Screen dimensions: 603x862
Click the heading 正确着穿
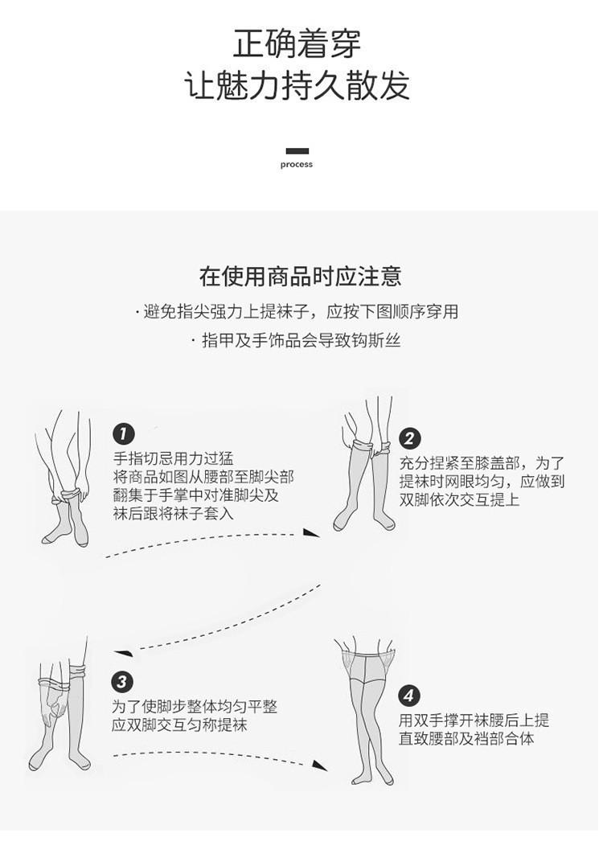(297, 43)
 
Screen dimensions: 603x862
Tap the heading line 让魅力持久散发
(297, 85)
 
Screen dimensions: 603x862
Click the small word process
(297, 165)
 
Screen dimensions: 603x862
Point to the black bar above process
(297, 151)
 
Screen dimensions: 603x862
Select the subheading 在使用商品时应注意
(300, 277)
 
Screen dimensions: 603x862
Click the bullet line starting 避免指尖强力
(297, 312)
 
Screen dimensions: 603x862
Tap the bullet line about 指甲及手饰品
(297, 341)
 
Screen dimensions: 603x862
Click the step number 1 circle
(123, 434)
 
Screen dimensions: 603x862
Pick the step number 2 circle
(410, 438)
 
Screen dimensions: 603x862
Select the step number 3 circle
(121, 683)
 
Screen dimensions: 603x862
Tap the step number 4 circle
(409, 696)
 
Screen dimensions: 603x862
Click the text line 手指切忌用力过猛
(173, 459)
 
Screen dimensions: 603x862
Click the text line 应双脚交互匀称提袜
(179, 724)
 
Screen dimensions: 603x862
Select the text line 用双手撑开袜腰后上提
(474, 720)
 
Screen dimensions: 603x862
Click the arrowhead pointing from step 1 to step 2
(311, 532)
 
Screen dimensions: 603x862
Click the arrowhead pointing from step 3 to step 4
(319, 766)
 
